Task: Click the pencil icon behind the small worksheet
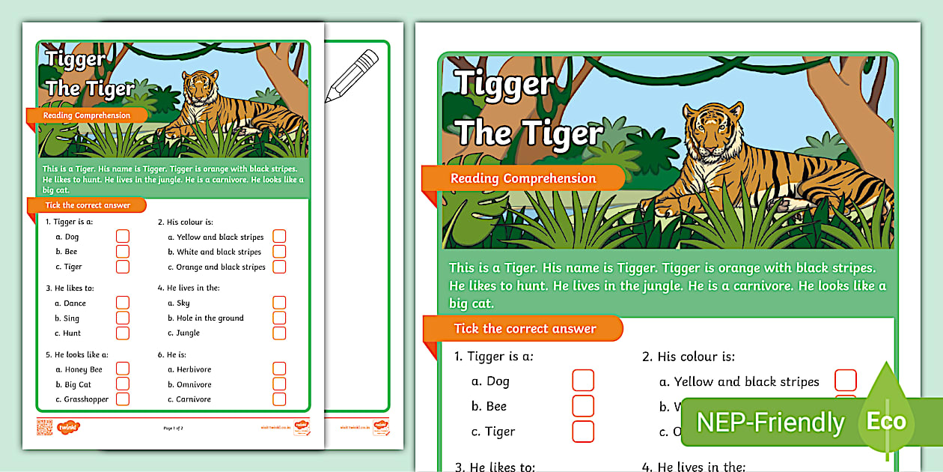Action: click(353, 75)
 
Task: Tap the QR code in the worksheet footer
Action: click(44, 427)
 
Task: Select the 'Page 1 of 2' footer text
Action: click(173, 428)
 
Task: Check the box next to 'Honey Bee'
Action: click(123, 369)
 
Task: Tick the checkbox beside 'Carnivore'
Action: click(279, 399)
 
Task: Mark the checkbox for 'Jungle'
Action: click(279, 333)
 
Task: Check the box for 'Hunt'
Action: click(123, 333)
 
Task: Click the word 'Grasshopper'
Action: click(86, 399)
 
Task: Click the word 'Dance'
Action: click(75, 303)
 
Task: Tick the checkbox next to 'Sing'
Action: click(123, 318)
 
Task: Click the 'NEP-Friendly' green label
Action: click(770, 423)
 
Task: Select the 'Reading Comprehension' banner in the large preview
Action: click(522, 178)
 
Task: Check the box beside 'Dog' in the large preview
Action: click(583, 381)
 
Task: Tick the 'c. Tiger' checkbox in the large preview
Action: click(583, 432)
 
